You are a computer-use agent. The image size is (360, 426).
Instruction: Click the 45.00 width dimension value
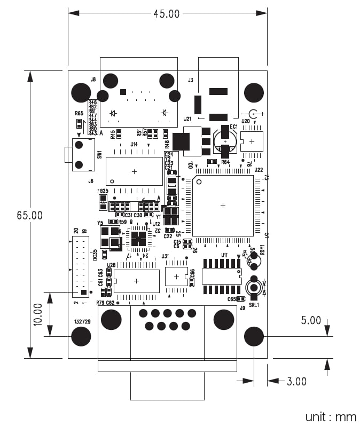[167, 14]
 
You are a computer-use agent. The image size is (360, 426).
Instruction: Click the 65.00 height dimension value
[29, 216]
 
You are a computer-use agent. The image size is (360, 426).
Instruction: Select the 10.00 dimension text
[37, 314]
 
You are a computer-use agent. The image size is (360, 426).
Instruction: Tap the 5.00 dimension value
[311, 320]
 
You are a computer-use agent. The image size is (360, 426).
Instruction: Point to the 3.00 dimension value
[296, 381]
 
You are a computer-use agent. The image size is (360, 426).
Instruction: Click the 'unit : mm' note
[331, 416]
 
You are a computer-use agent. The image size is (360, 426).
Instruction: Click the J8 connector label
[93, 80]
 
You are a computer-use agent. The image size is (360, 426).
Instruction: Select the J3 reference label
[190, 80]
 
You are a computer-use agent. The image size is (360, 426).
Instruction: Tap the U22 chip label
[259, 170]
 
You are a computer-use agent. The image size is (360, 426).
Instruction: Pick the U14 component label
[134, 144]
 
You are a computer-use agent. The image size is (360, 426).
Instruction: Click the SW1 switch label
[99, 154]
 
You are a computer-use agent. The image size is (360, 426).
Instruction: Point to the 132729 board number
[82, 322]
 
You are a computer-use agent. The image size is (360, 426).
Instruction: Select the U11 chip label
[224, 255]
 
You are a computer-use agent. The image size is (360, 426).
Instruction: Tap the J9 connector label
[242, 308]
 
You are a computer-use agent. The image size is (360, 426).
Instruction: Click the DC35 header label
[95, 255]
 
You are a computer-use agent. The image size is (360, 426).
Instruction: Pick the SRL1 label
[254, 305]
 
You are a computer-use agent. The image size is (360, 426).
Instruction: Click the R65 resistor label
[79, 113]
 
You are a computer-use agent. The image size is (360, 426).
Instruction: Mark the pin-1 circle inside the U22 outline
[199, 182]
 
